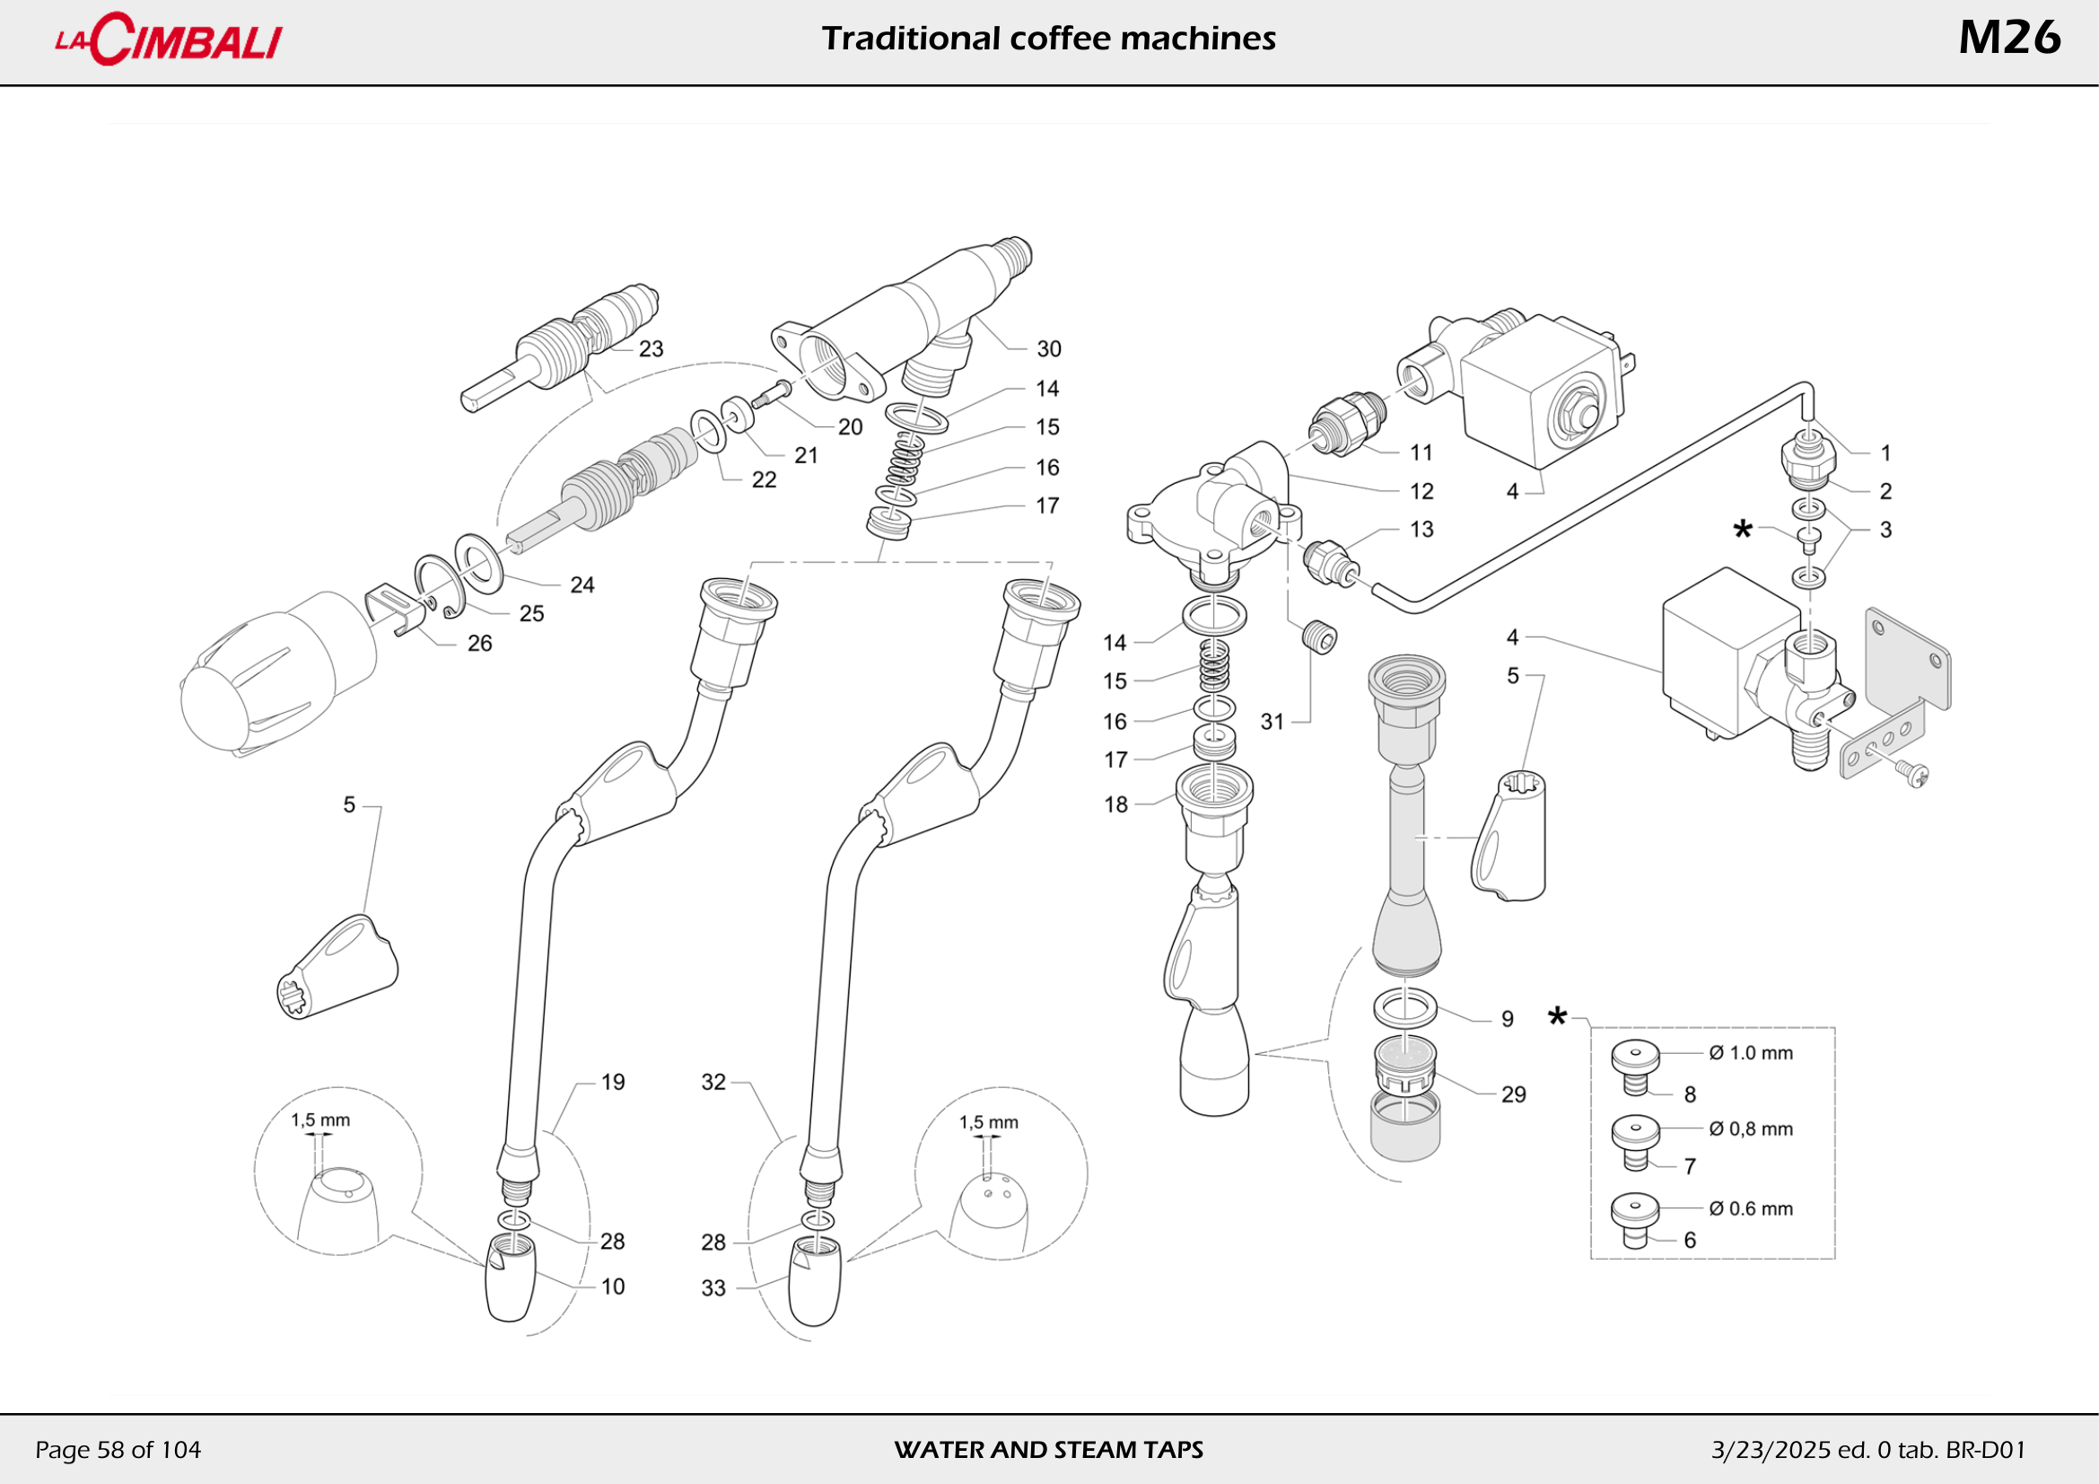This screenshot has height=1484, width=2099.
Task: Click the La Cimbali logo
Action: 169,40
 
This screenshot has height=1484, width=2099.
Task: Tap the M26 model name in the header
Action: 2008,39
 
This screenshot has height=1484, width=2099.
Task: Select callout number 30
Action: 1048,349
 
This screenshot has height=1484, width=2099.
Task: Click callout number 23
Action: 651,349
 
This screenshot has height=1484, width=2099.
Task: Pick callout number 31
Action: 1272,723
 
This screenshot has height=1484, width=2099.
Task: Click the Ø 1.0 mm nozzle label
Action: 1751,1053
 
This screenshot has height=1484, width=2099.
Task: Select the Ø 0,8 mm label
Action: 1751,1129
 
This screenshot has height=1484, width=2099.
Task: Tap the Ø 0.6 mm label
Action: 1751,1208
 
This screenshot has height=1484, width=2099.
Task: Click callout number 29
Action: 1513,1094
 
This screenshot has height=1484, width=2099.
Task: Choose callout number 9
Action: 1508,1020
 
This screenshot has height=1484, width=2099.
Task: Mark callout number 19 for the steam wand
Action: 613,1083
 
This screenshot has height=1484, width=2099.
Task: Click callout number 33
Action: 713,1288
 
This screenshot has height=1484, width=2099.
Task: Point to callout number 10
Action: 613,1287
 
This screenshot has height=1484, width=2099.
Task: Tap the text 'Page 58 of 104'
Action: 118,1450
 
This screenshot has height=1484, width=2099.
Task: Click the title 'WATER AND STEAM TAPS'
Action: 1048,1450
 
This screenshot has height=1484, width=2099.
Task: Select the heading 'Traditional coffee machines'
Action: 1048,39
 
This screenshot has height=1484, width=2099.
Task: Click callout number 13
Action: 1421,530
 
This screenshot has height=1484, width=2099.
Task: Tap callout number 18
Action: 1115,804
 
